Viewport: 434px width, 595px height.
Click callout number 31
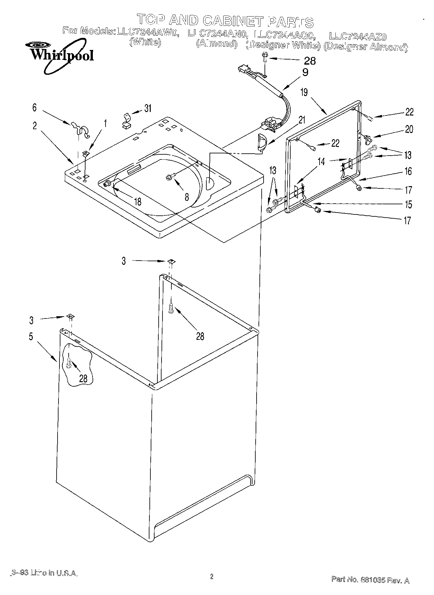[x=148, y=108]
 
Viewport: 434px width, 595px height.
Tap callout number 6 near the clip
[x=34, y=108]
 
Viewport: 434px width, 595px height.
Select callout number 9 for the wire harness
[x=305, y=73]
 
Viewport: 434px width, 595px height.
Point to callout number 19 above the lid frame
[x=304, y=92]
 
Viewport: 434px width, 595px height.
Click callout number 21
[x=301, y=120]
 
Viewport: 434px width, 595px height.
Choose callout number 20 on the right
[x=409, y=129]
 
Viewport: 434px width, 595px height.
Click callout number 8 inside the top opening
[x=187, y=197]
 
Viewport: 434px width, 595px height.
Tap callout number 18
[x=138, y=202]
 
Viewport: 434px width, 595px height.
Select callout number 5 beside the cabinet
[x=31, y=337]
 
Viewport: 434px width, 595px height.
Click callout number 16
[x=408, y=171]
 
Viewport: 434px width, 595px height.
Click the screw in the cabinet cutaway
[x=69, y=362]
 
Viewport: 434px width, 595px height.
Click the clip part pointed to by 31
[x=127, y=121]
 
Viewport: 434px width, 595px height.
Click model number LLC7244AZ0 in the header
[x=358, y=37]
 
